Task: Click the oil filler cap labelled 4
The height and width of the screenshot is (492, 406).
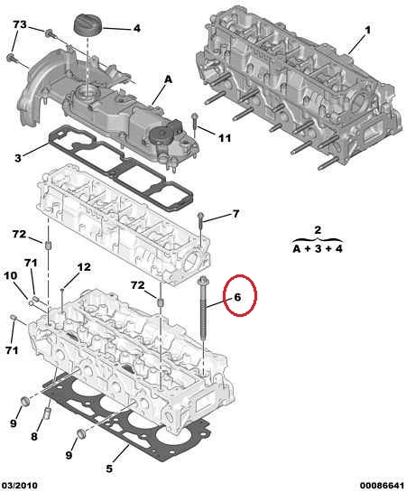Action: pyautogui.click(x=88, y=24)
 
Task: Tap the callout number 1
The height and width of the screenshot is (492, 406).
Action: pyautogui.click(x=368, y=30)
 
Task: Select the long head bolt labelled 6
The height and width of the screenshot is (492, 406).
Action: pyautogui.click(x=202, y=309)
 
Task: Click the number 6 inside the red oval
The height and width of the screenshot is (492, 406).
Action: pyautogui.click(x=237, y=297)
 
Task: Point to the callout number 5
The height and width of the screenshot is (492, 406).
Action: pyautogui.click(x=109, y=469)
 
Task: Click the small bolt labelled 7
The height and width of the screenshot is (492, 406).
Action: pyautogui.click(x=200, y=223)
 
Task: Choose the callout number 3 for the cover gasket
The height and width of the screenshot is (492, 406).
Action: pyautogui.click(x=18, y=158)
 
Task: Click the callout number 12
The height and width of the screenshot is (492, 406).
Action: pyautogui.click(x=84, y=267)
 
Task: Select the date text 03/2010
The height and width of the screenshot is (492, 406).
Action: pyautogui.click(x=19, y=486)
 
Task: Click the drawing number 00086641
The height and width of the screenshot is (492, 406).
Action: pyautogui.click(x=382, y=486)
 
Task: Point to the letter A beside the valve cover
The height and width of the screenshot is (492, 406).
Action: pyautogui.click(x=168, y=79)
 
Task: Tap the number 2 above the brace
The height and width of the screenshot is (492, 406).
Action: pyautogui.click(x=318, y=229)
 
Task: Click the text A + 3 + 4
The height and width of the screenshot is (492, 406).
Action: pyautogui.click(x=318, y=249)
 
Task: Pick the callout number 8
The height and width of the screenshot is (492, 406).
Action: pyautogui.click(x=34, y=436)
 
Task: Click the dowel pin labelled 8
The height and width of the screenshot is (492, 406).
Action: pyautogui.click(x=47, y=413)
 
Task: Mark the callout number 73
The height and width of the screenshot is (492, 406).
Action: pyautogui.click(x=20, y=24)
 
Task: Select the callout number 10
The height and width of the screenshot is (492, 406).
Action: pyautogui.click(x=10, y=276)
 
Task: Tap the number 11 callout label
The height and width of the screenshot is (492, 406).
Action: pyautogui.click(x=225, y=138)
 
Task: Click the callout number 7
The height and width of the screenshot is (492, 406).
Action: pyautogui.click(x=235, y=214)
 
